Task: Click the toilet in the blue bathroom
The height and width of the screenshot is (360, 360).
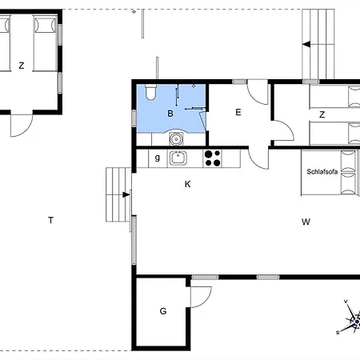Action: tap(150, 92)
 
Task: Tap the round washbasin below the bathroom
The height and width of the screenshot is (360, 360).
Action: tap(176, 138)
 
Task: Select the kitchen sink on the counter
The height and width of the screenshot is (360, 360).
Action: tap(178, 158)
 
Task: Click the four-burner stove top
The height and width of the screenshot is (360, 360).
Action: tap(212, 158)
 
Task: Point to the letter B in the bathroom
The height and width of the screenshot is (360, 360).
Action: tap(170, 114)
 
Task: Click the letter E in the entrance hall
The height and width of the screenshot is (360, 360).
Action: tap(238, 112)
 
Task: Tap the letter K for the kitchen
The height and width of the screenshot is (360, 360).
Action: tap(188, 184)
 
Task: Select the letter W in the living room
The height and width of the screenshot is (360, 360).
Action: tap(306, 222)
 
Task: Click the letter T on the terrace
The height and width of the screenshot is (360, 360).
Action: tap(50, 220)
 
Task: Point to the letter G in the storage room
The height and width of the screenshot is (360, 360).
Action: tap(163, 311)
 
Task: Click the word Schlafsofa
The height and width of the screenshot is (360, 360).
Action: tap(322, 172)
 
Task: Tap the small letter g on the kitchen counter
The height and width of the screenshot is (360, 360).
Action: tap(158, 158)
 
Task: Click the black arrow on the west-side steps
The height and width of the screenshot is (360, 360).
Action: tap(126, 195)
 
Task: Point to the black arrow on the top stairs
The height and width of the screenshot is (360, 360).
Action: tap(306, 44)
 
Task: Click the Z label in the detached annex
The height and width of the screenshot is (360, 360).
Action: tap(22, 66)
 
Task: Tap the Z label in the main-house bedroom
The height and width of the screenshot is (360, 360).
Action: tap(322, 114)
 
